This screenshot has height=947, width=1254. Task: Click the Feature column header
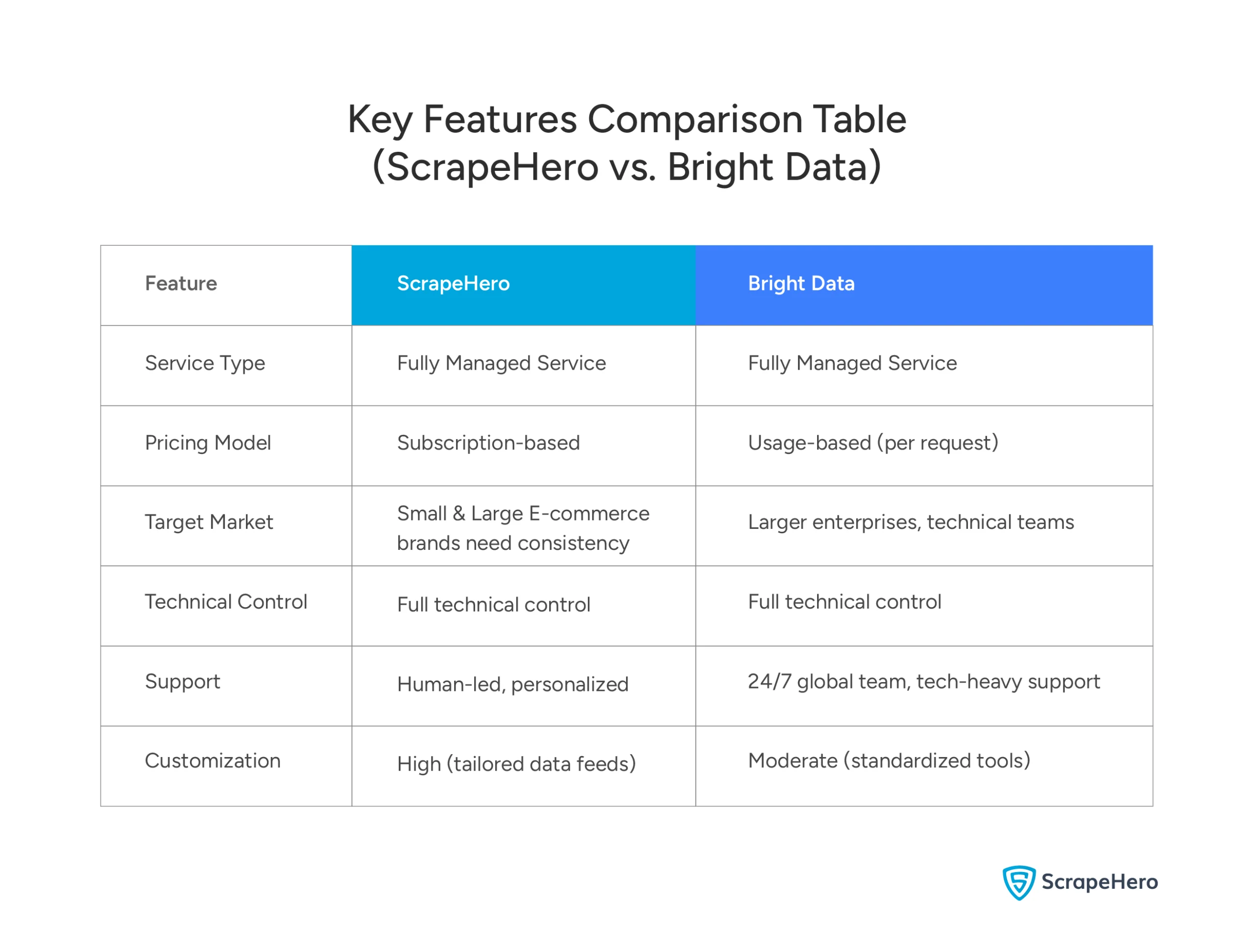[181, 284]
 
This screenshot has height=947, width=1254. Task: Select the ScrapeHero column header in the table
[453, 284]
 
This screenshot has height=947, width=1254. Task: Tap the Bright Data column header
[800, 284]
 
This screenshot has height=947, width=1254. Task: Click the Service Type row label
[205, 363]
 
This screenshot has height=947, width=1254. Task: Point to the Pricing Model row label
[208, 443]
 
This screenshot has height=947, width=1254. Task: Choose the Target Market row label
[209, 522]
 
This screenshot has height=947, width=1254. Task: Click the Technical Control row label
[226, 602]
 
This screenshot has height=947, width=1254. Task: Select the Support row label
[182, 682]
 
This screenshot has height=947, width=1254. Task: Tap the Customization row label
[213, 761]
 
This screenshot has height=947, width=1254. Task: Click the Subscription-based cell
[488, 443]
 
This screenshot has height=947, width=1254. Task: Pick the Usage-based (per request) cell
[872, 443]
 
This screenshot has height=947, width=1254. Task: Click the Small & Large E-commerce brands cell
[523, 528]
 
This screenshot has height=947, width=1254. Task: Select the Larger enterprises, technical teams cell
[911, 522]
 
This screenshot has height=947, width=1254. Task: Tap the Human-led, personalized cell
[512, 685]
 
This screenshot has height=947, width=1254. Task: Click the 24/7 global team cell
[923, 682]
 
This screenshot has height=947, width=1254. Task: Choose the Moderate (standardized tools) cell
[889, 761]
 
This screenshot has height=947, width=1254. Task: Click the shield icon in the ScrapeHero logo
[1019, 882]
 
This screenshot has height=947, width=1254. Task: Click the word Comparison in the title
[695, 119]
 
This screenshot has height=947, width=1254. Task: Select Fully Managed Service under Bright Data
[851, 363]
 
